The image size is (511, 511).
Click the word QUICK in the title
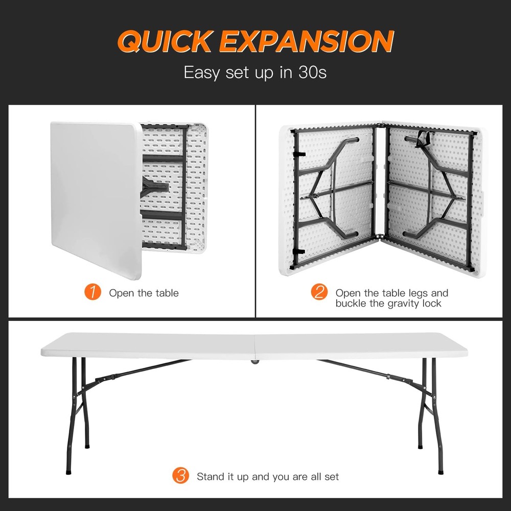(x=166, y=41)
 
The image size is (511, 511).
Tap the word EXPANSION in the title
(x=306, y=41)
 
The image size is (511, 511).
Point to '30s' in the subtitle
(x=312, y=73)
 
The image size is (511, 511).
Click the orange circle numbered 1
(x=92, y=292)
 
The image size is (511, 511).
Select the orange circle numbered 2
(x=319, y=292)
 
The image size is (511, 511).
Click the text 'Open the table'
(x=144, y=293)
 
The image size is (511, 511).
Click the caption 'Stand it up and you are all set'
(x=268, y=476)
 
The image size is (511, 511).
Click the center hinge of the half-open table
(x=380, y=181)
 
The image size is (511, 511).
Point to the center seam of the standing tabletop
(x=254, y=346)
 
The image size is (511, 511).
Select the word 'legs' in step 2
(x=417, y=293)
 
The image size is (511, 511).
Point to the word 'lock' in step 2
(x=431, y=304)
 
